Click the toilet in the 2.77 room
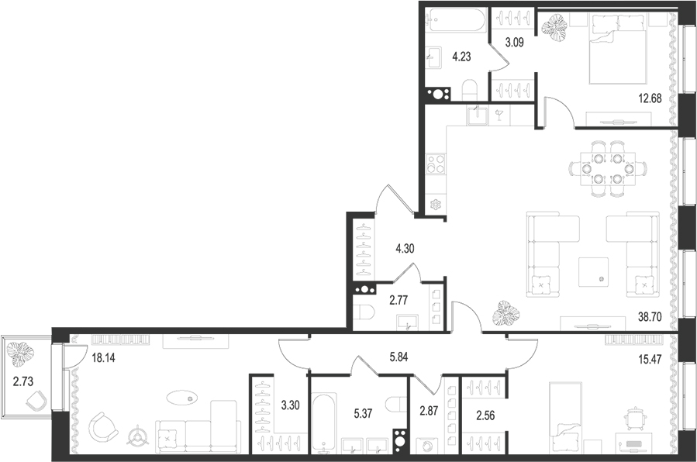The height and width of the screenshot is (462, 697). pyautogui.click(x=364, y=312)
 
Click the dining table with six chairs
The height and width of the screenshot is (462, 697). pyautogui.click(x=607, y=167)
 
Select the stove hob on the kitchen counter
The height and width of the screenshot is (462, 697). pyautogui.click(x=436, y=165)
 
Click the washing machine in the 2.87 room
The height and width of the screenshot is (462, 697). pyautogui.click(x=426, y=446)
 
